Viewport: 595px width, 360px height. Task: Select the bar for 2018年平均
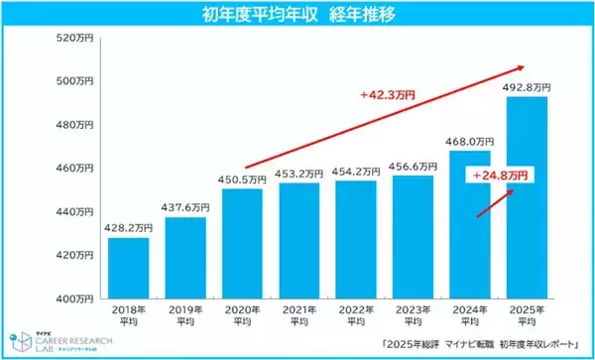pos(129,268)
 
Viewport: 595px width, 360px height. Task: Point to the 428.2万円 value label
pos(129,226)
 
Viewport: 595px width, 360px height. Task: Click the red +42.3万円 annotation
pos(388,96)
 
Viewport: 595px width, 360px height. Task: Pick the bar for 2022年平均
pos(357,239)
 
